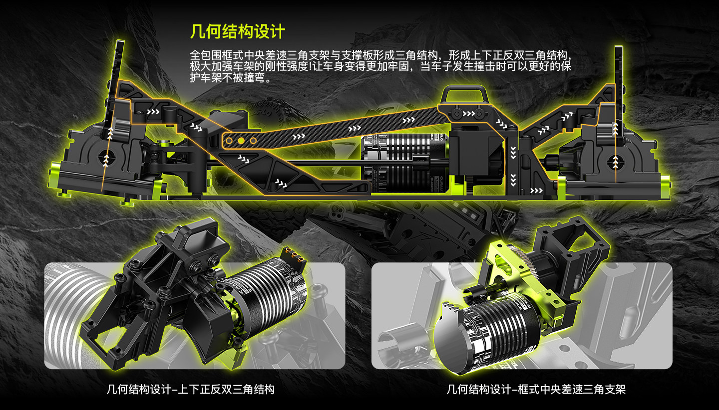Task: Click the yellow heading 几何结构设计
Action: pyautogui.click(x=238, y=31)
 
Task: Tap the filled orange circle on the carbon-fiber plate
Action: pyautogui.click(x=241, y=141)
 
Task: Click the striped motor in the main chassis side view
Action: pyautogui.click(x=405, y=164)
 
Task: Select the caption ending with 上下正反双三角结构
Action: pyautogui.click(x=191, y=390)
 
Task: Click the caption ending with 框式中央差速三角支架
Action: pyautogui.click(x=536, y=390)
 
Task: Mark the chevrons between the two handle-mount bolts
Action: pyautogui.click(x=468, y=114)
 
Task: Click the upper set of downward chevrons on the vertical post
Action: pyautogui.click(x=513, y=153)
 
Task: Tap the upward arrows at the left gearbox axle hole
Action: pyautogui.click(x=106, y=160)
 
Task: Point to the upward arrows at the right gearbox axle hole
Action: pyautogui.click(x=615, y=162)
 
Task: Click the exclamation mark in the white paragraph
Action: pyautogui.click(x=310, y=66)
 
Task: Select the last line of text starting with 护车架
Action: pyautogui.click(x=231, y=78)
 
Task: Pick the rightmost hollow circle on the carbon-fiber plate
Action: pyautogui.click(x=253, y=141)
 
